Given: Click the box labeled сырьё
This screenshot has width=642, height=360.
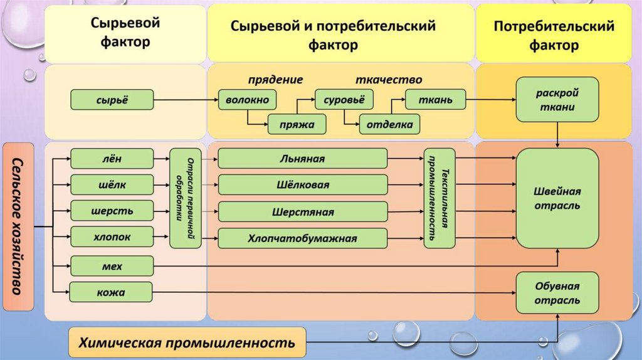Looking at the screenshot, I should pos(112,99).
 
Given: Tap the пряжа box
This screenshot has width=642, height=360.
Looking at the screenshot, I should pos(298,124).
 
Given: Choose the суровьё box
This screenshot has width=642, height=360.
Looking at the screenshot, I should pos(344,99).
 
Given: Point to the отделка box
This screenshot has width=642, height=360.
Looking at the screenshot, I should pos(389,124).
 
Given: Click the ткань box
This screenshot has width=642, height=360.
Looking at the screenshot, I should pos(436,99).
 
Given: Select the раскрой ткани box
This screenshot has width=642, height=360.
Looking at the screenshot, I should pos(555,99).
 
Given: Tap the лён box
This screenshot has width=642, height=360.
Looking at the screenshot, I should pos(112,159).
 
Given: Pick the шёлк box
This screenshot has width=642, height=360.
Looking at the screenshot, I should pos(112,184).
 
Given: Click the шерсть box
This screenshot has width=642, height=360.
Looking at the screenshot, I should pos(112,210).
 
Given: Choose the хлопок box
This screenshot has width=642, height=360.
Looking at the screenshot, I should pos(112,236).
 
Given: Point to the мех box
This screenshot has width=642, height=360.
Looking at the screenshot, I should pos(112,266).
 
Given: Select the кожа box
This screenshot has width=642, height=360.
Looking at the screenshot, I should pos(112,292).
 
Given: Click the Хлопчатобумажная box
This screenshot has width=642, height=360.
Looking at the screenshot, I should pos(302,238).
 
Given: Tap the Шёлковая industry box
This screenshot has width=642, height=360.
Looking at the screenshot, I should pos(302,185).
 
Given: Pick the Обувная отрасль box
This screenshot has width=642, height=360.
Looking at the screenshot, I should pos(557,294).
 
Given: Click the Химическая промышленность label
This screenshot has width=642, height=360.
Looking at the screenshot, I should pos(186,343).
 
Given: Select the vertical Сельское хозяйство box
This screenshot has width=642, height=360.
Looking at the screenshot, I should pos(18,226).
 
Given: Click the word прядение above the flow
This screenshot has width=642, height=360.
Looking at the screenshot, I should pos(275,80).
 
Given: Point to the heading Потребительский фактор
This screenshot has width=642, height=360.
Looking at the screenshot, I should pos(554,36).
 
